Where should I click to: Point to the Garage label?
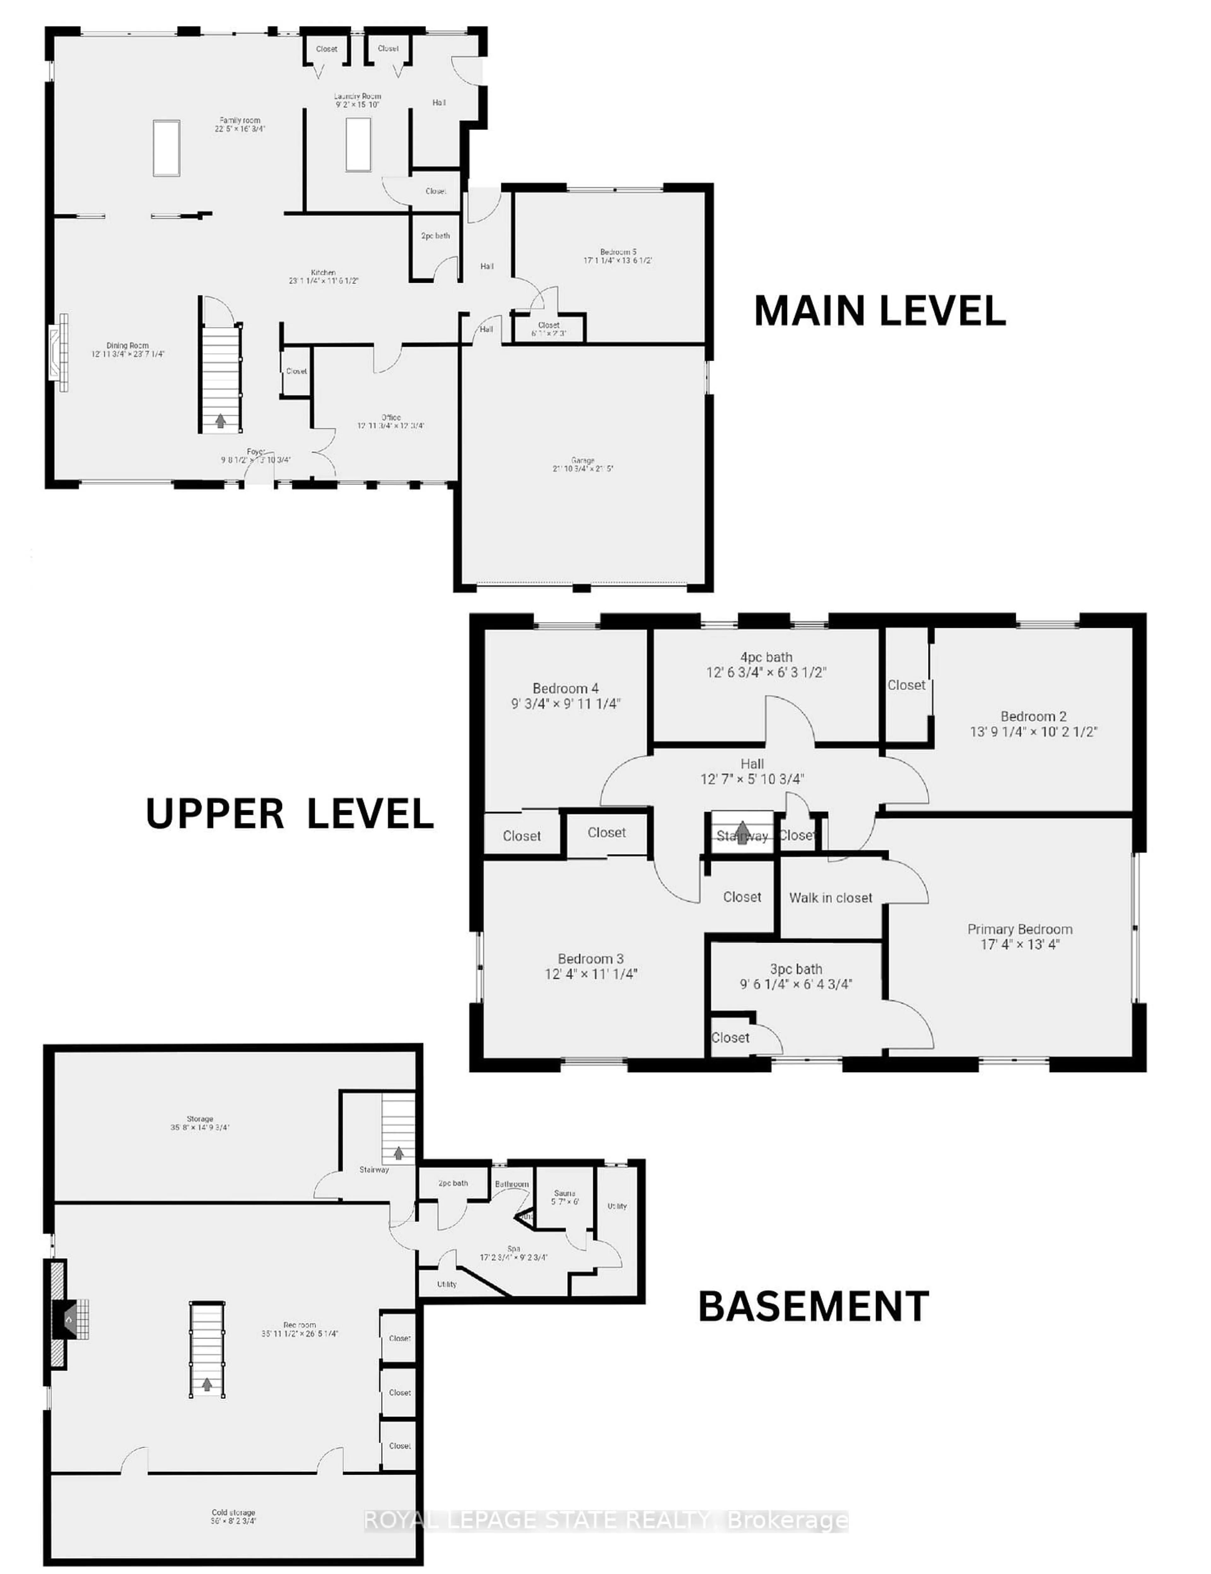coord(582,460)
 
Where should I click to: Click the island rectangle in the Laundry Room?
coord(358,144)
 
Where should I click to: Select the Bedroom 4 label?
coord(565,688)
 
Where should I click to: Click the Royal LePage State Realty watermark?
coord(605,1521)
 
